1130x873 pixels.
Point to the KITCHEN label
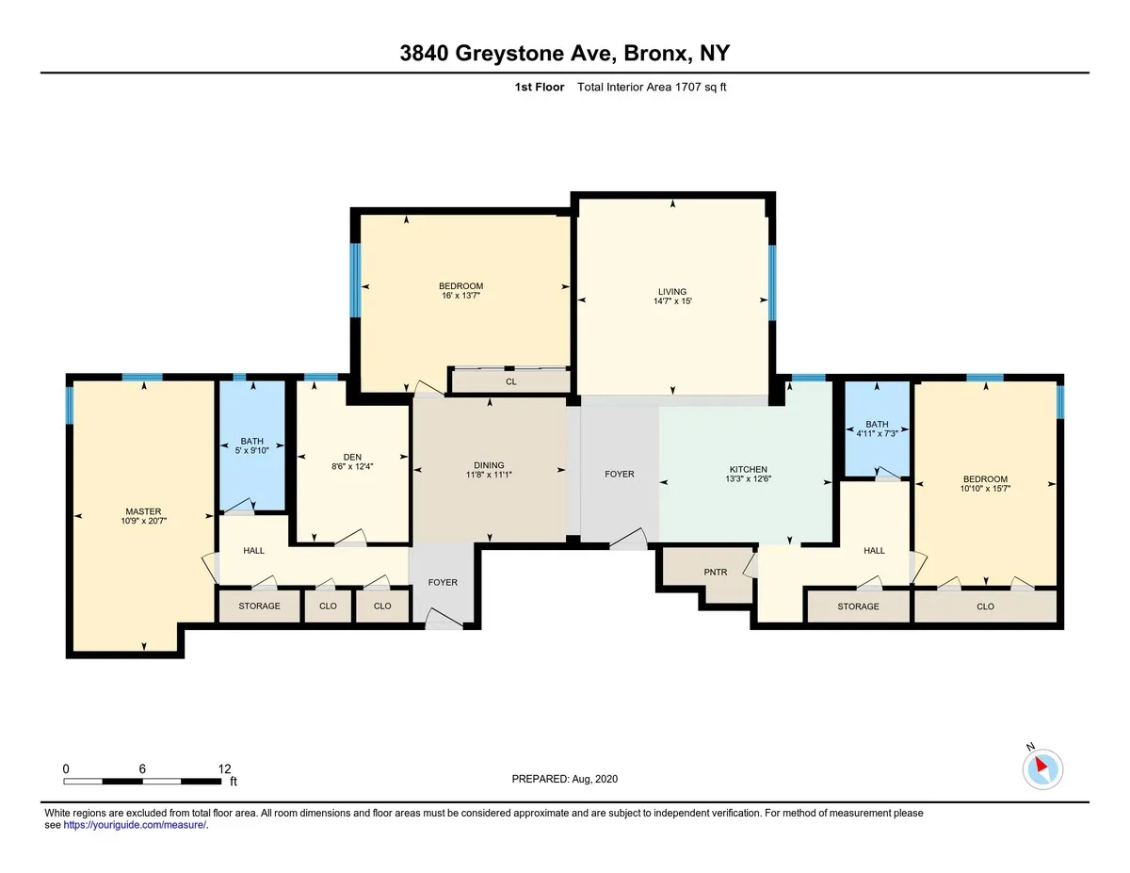coord(749,469)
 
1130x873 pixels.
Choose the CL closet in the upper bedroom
coord(511,381)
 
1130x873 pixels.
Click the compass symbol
coord(1042,768)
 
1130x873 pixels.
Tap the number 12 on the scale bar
coord(223,768)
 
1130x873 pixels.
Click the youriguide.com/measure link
coord(135,825)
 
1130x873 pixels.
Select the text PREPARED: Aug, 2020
coord(565,779)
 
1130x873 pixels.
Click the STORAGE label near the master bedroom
coord(259,606)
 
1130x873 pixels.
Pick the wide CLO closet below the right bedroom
coord(985,606)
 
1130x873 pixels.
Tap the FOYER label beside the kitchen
coord(620,474)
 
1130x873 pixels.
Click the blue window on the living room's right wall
coord(771,283)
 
